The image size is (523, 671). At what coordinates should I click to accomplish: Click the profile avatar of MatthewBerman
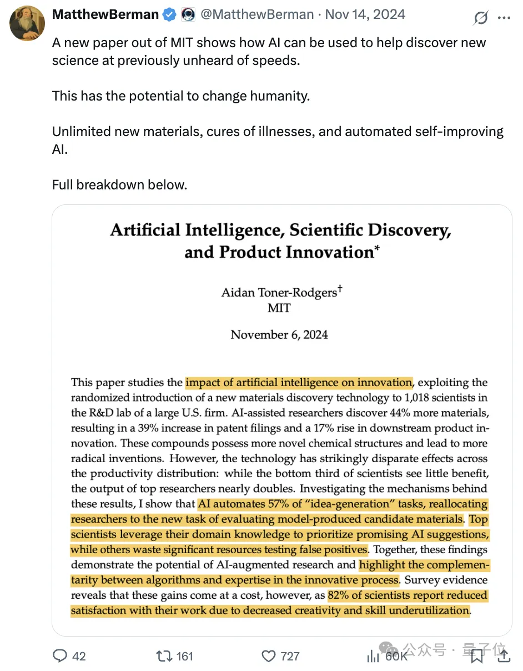(x=27, y=23)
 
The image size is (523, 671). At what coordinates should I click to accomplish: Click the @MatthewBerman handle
(x=256, y=15)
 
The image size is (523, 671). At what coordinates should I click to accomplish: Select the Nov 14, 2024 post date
(x=365, y=15)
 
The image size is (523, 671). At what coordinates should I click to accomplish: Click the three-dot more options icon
(x=504, y=18)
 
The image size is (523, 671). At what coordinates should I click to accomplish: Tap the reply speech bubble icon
(x=60, y=656)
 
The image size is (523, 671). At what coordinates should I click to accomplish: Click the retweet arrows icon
(x=164, y=656)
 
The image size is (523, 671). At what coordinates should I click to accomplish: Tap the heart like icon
(x=268, y=656)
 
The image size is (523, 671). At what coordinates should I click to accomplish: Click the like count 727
(x=290, y=656)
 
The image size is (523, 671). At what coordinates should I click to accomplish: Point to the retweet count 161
(x=184, y=656)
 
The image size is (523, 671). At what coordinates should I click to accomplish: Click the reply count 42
(x=79, y=656)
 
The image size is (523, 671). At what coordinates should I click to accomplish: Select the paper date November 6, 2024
(x=279, y=334)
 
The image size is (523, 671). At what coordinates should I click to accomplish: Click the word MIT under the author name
(x=279, y=308)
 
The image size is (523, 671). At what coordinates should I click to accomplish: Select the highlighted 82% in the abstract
(x=339, y=595)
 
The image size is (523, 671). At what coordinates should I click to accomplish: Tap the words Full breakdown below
(x=119, y=184)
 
